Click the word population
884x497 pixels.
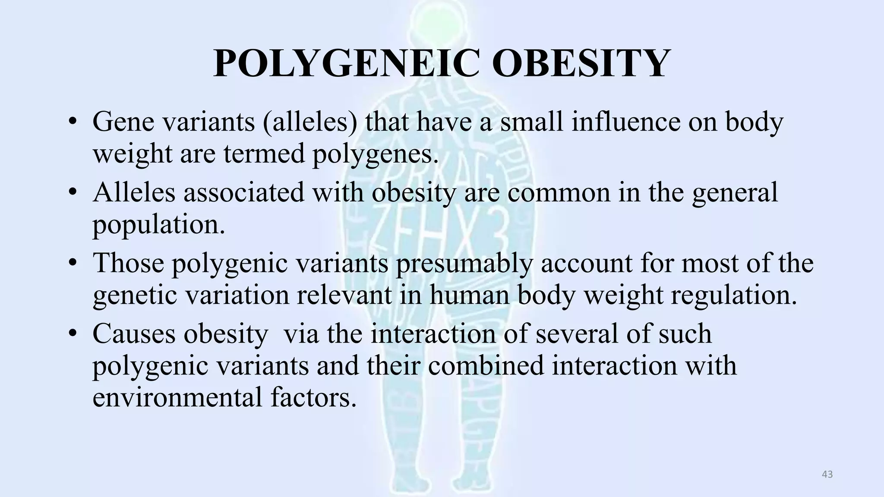pos(158,224)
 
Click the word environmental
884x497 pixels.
pos(177,397)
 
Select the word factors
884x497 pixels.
pos(314,397)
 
